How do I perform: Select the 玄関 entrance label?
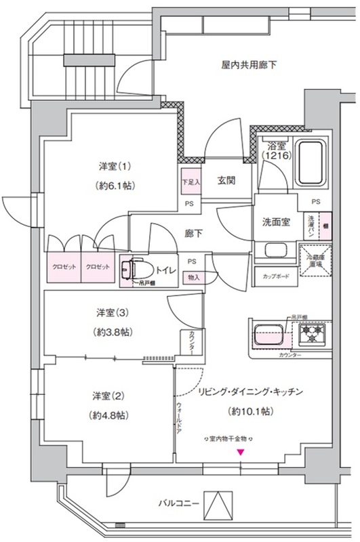226,180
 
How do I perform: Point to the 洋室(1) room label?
113,167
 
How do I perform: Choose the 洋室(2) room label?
107,396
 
